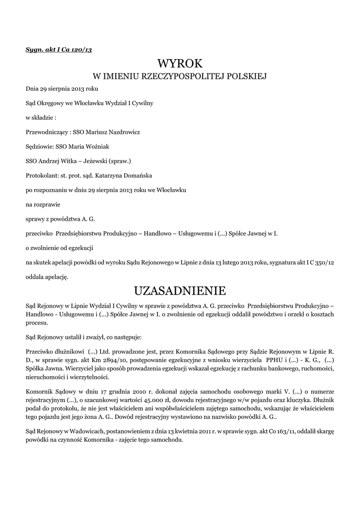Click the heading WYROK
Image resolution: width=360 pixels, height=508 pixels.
[180, 63]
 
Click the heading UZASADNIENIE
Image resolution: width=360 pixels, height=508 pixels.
[180, 290]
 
